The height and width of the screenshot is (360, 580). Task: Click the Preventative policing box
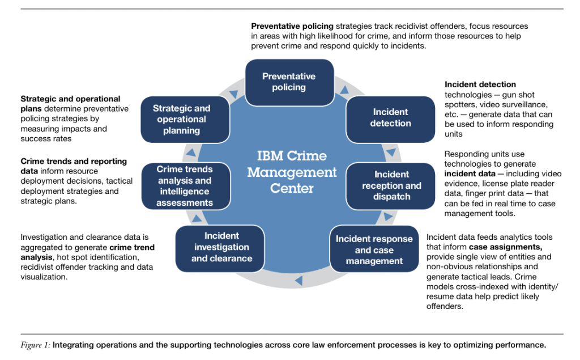coord(289,82)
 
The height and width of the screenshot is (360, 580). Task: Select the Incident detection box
coord(390,118)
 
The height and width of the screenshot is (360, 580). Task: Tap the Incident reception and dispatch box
coord(391,185)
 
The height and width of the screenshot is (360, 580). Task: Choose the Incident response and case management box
coord(374,250)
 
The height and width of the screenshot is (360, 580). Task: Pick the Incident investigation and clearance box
coord(221,247)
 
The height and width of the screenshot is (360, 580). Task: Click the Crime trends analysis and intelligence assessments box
coord(185,186)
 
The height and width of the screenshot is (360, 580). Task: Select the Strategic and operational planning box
coord(182,120)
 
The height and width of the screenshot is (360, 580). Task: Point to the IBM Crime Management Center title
coord(292,172)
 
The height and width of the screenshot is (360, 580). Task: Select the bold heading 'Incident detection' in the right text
coord(480,84)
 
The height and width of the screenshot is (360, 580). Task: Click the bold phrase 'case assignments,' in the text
coord(505,247)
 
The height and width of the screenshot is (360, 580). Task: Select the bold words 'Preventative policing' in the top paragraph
coord(292,26)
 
